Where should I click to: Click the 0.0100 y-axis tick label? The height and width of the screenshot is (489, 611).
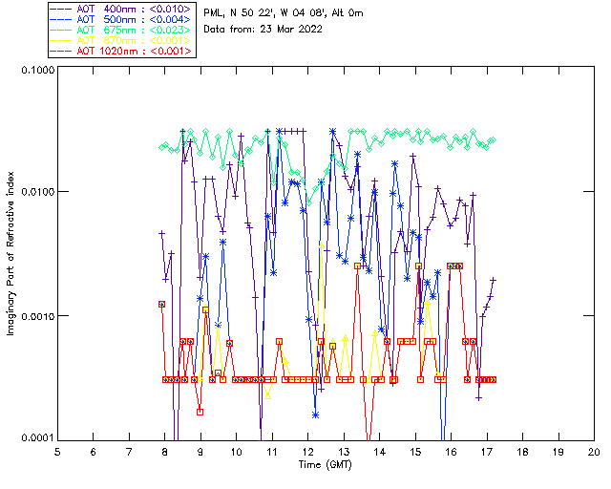pos(36,193)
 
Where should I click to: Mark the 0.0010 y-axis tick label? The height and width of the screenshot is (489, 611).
pos(36,316)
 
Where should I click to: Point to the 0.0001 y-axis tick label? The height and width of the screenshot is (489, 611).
pos(36,438)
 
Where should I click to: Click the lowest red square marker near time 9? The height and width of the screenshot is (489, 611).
pos(200,412)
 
